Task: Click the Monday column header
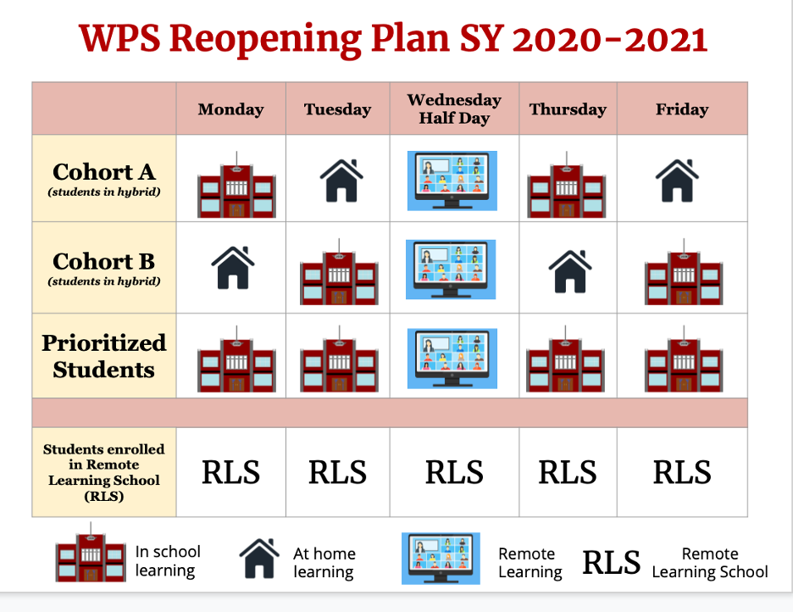click(230, 109)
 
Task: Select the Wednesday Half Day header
click(454, 108)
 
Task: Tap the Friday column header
click(682, 109)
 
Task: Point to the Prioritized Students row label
click(104, 356)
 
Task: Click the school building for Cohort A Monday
click(236, 185)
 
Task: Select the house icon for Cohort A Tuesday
click(341, 181)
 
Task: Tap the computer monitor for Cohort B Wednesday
click(451, 270)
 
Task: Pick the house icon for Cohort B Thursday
click(570, 271)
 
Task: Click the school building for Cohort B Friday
click(684, 271)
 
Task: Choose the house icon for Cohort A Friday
click(677, 181)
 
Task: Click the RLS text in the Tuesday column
click(338, 472)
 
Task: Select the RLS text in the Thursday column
click(568, 472)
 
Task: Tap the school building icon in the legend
click(91, 552)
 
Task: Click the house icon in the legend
click(259, 559)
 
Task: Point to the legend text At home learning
click(324, 563)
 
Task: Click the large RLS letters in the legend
click(611, 563)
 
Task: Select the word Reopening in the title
click(265, 40)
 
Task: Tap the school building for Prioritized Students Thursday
click(565, 359)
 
